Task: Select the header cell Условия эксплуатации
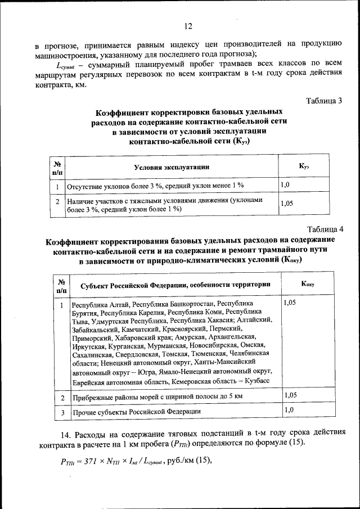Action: (172, 167)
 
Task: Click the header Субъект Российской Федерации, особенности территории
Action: (175, 285)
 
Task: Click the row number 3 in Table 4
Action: (62, 412)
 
